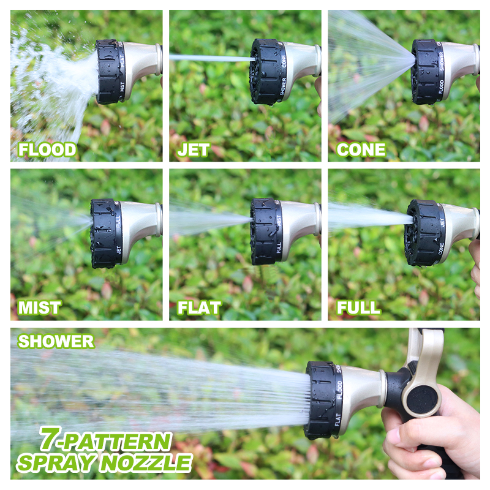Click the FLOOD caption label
coord(47,149)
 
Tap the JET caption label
coord(194,149)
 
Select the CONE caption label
coord(361,149)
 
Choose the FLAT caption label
coord(199,307)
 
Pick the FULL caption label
coord(358,307)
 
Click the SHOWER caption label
coord(56,341)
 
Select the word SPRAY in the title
coord(58,462)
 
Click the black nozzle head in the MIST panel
coord(105,233)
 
